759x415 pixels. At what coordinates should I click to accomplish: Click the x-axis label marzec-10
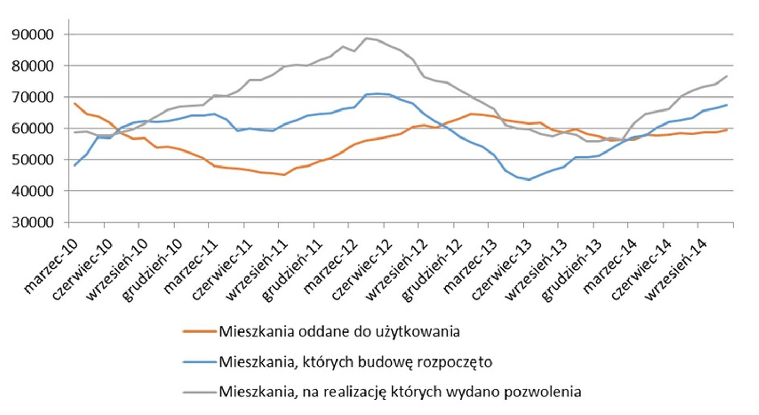coord(51,259)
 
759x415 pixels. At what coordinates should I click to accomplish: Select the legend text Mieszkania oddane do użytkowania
coord(339,331)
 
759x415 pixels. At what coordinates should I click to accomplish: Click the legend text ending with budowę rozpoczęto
coord(355,362)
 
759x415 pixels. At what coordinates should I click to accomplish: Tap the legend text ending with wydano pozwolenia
coord(400,391)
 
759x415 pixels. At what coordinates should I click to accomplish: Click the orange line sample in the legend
coord(199,331)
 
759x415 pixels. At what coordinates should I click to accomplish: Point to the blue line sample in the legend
coord(199,362)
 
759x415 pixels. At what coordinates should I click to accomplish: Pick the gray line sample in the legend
coord(199,391)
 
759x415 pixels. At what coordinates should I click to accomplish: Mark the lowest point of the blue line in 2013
coord(528,179)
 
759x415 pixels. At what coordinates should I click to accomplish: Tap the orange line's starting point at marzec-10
coord(75,104)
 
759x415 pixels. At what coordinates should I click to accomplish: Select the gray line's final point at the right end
coord(727,76)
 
